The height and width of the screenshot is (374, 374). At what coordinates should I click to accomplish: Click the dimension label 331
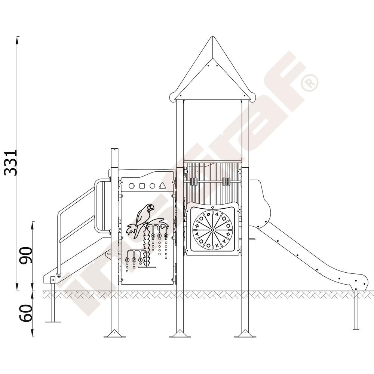(x=11, y=163)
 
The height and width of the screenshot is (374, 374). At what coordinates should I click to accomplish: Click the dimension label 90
(x=26, y=255)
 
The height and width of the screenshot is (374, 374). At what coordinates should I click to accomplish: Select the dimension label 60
(x=26, y=313)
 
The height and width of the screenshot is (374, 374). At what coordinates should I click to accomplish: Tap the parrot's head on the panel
(x=150, y=208)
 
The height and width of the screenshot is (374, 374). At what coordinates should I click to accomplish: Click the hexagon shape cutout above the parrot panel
(x=131, y=186)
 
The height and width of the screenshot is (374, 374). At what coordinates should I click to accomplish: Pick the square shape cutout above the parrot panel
(x=142, y=186)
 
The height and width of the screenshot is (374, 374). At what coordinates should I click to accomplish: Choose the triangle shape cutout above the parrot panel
(x=162, y=186)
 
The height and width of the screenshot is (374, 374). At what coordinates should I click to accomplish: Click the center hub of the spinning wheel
(x=212, y=230)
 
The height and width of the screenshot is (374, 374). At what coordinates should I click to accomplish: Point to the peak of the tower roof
(x=212, y=37)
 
